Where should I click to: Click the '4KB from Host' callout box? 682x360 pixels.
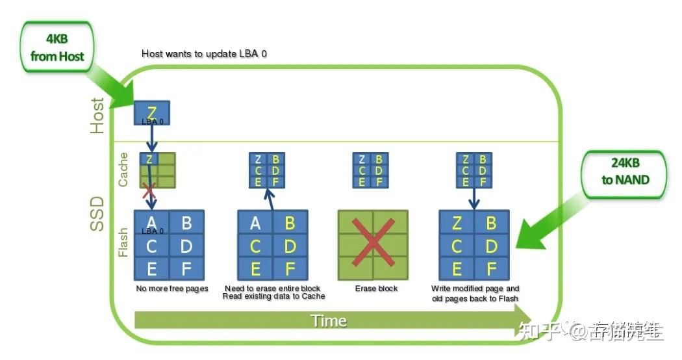(57, 48)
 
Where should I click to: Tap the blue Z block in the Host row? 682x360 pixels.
(151, 113)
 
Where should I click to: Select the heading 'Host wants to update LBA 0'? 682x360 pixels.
(204, 53)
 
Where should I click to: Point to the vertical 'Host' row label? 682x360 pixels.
(97, 116)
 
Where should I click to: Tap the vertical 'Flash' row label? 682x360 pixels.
(123, 242)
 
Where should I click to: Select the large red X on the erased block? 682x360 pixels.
(372, 244)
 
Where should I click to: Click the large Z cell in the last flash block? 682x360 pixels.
(457, 224)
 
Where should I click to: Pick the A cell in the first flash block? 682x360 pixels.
(151, 222)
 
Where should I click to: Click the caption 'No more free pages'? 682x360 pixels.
(171, 289)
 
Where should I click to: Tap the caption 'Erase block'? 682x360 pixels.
(376, 289)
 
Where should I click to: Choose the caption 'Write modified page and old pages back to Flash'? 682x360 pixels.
(475, 293)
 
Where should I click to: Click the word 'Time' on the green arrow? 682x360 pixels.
(328, 320)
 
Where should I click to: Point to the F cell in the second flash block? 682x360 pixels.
(290, 268)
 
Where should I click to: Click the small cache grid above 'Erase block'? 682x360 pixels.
(370, 170)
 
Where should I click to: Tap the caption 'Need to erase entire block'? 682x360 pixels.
(272, 289)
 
